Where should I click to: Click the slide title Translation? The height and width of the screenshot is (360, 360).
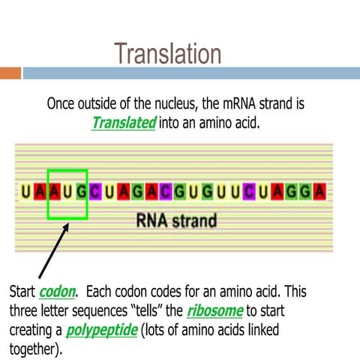coord(168,54)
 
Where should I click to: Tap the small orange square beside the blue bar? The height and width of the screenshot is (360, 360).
coord(10,73)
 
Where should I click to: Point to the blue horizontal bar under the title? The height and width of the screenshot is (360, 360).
coord(187,73)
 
